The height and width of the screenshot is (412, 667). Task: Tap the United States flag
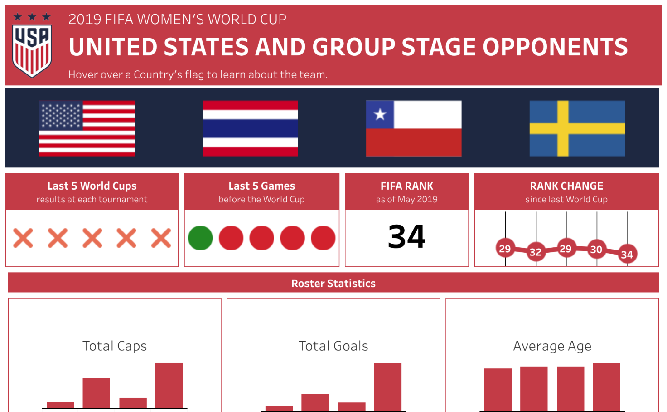pyautogui.click(x=87, y=128)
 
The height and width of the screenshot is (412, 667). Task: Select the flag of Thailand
pyautogui.click(x=251, y=128)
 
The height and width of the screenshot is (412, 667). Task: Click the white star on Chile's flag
pyautogui.click(x=380, y=114)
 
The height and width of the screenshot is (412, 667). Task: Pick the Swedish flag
pyautogui.click(x=577, y=128)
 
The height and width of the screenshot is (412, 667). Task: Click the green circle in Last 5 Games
pyautogui.click(x=200, y=238)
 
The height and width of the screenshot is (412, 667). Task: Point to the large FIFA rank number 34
pyautogui.click(x=406, y=237)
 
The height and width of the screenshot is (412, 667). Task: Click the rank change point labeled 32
pyautogui.click(x=536, y=252)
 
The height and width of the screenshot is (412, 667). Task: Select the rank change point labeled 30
pyautogui.click(x=596, y=249)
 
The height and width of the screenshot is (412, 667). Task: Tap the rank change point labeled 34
pyautogui.click(x=628, y=254)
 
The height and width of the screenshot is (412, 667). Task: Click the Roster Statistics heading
pyautogui.click(x=333, y=283)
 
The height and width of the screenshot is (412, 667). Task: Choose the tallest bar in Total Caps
pyautogui.click(x=169, y=385)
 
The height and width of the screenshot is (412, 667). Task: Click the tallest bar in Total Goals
pyautogui.click(x=388, y=387)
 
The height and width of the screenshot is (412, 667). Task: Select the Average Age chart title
pyautogui.click(x=552, y=346)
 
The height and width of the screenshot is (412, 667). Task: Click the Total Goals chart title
pyautogui.click(x=333, y=346)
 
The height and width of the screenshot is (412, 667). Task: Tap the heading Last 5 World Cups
pyautogui.click(x=92, y=186)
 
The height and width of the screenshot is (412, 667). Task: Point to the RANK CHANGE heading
pyautogui.click(x=566, y=186)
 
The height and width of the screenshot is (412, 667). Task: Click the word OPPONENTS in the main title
pyautogui.click(x=555, y=47)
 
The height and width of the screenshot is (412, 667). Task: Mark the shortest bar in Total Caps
pyautogui.click(x=60, y=405)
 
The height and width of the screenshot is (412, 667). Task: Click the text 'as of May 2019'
pyautogui.click(x=407, y=199)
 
